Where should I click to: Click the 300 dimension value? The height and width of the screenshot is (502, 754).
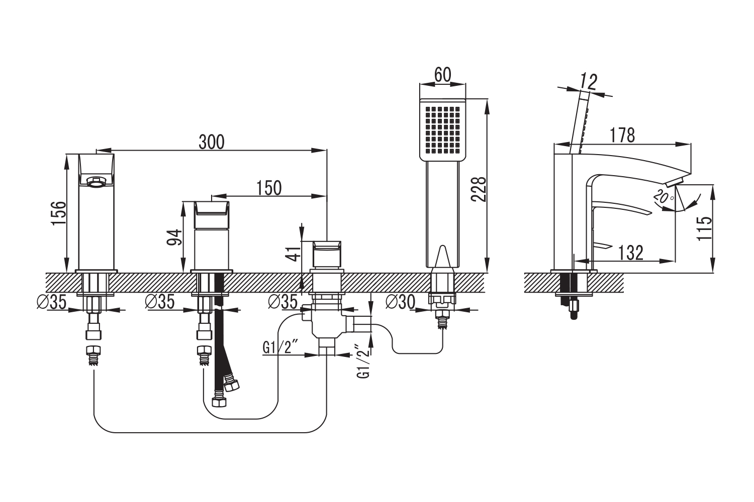coord(212,142)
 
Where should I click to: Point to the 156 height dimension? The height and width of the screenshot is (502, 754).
coord(58,213)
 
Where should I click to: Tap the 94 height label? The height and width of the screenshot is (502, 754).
coord(174,237)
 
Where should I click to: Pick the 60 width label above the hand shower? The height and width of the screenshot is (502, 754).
coord(442,75)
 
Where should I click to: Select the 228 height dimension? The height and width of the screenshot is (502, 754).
coord(478,189)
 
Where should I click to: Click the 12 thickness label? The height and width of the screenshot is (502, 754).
coord(588,81)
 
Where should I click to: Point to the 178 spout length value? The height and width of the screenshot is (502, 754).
coord(622,135)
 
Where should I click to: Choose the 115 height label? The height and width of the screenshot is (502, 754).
coord(705,228)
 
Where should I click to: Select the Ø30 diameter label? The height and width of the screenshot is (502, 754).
coord(400,302)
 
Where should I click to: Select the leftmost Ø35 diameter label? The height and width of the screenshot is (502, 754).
coord(51,302)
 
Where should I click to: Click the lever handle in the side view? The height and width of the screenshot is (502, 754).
coord(621,208)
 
